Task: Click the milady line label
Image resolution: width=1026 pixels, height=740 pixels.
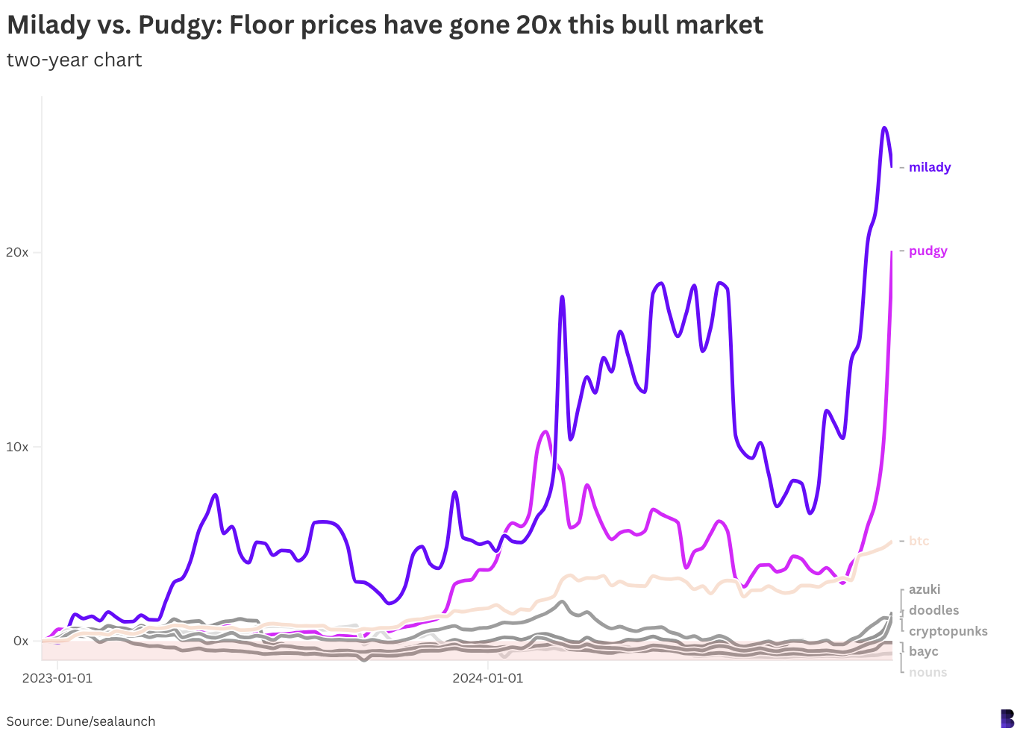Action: [x=929, y=167]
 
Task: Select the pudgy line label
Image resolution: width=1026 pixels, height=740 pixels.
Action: [x=928, y=251]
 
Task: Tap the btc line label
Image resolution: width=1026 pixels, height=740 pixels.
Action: [x=919, y=541]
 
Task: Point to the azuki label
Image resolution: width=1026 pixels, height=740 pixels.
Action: [x=925, y=589]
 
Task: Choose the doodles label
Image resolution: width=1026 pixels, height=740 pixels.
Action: [x=933, y=610]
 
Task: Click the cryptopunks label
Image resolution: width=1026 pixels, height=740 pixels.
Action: [x=948, y=631]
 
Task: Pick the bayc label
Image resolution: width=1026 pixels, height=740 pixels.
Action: [x=923, y=651]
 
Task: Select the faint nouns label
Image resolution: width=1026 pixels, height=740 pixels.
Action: [x=928, y=672]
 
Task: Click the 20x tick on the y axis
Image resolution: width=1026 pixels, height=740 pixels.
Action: [x=17, y=252]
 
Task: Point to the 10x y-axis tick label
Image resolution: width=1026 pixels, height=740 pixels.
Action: [x=17, y=447]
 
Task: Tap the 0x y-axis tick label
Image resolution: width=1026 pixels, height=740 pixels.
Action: [x=21, y=641]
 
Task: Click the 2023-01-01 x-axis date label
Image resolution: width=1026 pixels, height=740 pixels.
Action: [x=57, y=678]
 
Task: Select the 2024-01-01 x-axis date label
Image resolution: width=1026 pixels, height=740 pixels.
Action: [x=488, y=678]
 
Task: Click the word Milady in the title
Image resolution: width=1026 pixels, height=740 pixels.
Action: [x=49, y=25]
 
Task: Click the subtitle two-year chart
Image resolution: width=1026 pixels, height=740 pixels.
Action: [x=74, y=60]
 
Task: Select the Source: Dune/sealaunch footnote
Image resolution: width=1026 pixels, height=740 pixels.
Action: [x=81, y=721]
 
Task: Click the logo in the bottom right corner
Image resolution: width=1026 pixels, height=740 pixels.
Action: [x=1007, y=718]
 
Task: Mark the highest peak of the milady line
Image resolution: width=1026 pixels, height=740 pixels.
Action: [x=884, y=128]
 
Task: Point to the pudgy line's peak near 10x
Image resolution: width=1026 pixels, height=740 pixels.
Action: [x=545, y=431]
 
